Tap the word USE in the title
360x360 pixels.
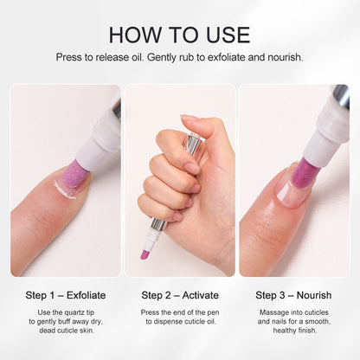tap(225, 35)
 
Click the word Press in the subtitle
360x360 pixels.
tap(71, 58)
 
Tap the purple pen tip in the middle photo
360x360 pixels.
tap(145, 252)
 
